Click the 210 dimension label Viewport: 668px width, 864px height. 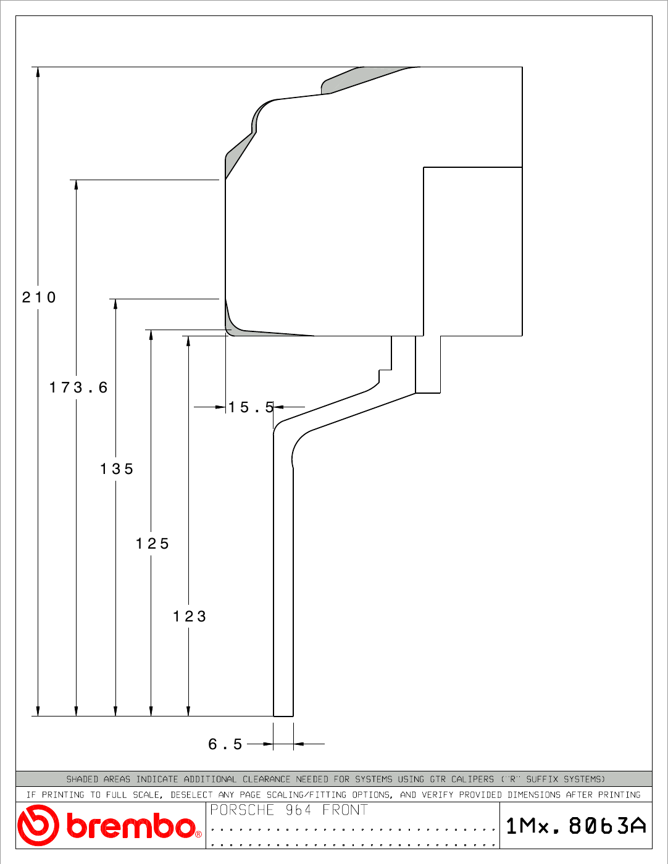38,297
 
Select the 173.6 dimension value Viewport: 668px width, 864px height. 78,388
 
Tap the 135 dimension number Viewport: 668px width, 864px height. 116,469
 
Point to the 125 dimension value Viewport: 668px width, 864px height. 152,544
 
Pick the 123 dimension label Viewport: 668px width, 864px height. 190,617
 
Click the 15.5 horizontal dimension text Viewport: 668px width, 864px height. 251,407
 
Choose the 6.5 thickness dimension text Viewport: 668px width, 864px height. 225,744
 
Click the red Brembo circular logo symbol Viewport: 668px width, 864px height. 38,825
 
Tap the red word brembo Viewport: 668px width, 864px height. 132,825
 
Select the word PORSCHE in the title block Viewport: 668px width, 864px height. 242,810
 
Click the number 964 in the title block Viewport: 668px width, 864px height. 298,810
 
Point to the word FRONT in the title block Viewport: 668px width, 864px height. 345,810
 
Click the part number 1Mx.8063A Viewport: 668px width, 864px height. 576,826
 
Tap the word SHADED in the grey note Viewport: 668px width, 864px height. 82,779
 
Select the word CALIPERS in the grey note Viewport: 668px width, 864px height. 472,779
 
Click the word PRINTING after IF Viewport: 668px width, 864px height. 63,795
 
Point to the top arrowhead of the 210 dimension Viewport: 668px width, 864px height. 38,72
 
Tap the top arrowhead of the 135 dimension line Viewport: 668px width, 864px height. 115,304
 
